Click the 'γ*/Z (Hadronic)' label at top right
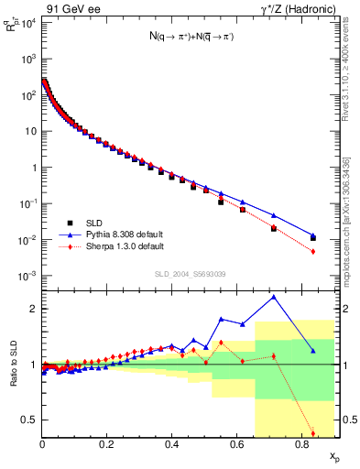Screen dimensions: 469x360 (x=297, y=8)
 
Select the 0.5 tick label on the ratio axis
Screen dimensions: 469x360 (x=30, y=420)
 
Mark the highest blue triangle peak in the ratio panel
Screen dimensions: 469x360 (x=274, y=297)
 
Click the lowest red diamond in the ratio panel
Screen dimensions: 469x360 (x=313, y=433)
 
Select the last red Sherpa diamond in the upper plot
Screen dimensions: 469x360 (x=313, y=251)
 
